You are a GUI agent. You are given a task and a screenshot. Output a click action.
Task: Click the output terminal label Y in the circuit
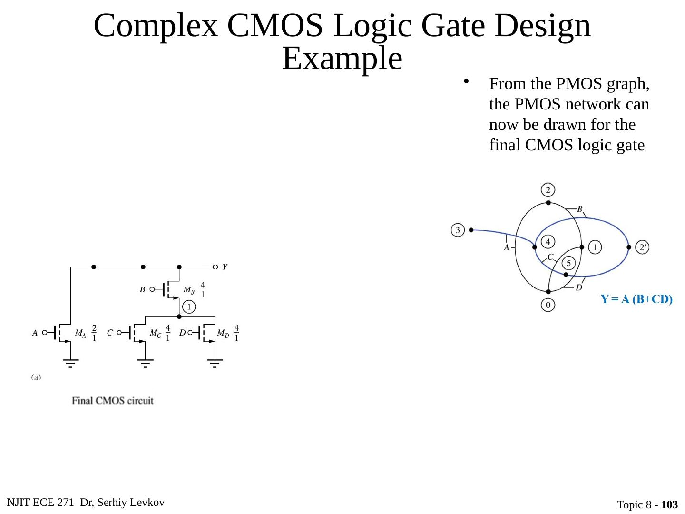pyautogui.click(x=225, y=267)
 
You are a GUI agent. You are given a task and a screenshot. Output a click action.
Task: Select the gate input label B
pyautogui.click(x=142, y=289)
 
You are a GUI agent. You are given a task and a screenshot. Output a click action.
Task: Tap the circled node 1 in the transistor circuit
pyautogui.click(x=189, y=307)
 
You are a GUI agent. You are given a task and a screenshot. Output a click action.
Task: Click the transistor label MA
pyautogui.click(x=80, y=334)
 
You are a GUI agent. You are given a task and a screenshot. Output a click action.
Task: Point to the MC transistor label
pyautogui.click(x=155, y=334)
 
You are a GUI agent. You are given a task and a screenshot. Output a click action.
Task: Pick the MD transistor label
pyautogui.click(x=223, y=334)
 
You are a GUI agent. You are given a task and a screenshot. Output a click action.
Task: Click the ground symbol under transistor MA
pyautogui.click(x=71, y=364)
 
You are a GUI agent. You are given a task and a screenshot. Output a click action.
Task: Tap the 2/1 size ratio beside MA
pyautogui.click(x=94, y=333)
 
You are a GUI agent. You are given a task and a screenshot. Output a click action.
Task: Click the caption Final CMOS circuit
pyautogui.click(x=113, y=401)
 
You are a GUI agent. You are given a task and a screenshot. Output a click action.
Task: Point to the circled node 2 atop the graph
pyautogui.click(x=548, y=190)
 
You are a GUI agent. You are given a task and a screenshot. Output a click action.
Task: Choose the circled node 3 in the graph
pyautogui.click(x=458, y=230)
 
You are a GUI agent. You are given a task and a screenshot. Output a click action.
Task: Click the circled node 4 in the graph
pyautogui.click(x=548, y=242)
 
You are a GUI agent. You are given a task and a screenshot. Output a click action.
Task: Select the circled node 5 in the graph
pyautogui.click(x=568, y=263)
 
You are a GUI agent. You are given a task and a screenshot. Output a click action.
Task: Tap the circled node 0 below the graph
pyautogui.click(x=548, y=305)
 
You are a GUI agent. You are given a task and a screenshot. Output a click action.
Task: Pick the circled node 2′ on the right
pyautogui.click(x=642, y=247)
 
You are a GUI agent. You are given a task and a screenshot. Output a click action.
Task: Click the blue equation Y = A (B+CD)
pyautogui.click(x=636, y=299)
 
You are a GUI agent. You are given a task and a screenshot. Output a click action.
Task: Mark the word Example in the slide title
pyautogui.click(x=342, y=59)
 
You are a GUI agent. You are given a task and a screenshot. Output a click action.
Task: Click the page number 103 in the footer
pyautogui.click(x=669, y=505)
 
